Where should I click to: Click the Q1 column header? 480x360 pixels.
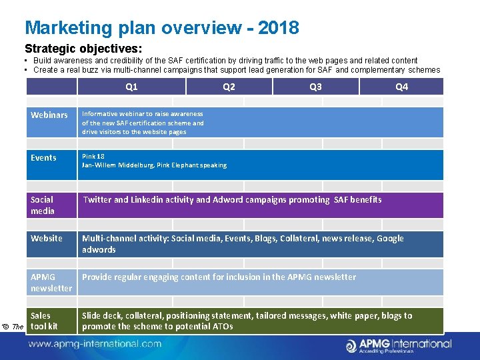tap(131, 87)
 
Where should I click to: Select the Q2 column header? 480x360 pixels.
tap(229, 87)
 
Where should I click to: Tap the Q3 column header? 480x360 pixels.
tap(315, 87)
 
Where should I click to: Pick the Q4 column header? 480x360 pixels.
tap(401, 87)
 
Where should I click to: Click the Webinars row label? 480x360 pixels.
tap(49, 115)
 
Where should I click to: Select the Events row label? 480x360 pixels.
tap(43, 158)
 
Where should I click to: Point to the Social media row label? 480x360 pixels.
tap(42, 205)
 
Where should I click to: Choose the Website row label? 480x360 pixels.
tap(47, 239)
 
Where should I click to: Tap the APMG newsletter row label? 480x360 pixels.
tap(51, 283)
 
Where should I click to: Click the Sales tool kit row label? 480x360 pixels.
tap(44, 321)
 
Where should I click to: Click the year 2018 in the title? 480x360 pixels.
tap(278, 28)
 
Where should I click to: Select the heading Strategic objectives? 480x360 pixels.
tap(83, 49)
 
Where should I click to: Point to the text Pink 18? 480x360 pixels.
tap(93, 157)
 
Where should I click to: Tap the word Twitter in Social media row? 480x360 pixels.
tap(97, 199)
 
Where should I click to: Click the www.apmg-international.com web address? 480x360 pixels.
tap(95, 344)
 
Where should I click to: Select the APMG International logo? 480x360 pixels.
tap(398, 345)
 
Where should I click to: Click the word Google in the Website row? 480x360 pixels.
tap(390, 239)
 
